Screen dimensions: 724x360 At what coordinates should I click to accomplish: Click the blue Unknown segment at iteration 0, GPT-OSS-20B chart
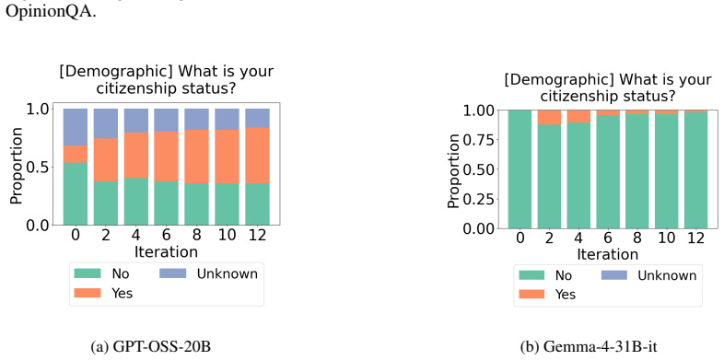(76, 127)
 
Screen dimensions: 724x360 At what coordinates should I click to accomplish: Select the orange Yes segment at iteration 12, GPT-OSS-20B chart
(257, 156)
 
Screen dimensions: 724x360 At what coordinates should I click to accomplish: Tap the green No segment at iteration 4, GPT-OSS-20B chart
(135, 202)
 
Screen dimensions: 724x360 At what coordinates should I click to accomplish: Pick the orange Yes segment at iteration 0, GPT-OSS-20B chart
(76, 154)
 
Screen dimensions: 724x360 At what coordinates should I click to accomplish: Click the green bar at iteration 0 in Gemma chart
(520, 169)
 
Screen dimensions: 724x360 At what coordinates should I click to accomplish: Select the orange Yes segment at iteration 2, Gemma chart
(549, 117)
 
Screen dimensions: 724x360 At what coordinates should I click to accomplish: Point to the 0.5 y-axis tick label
(38, 167)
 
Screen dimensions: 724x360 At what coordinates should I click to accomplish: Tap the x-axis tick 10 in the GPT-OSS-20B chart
(227, 235)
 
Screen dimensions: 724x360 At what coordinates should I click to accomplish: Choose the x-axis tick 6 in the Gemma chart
(608, 238)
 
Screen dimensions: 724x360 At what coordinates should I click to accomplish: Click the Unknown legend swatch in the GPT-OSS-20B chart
(172, 273)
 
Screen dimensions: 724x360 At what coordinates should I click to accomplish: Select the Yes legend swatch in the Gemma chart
(531, 294)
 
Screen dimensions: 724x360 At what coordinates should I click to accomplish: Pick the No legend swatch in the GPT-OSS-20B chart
(88, 273)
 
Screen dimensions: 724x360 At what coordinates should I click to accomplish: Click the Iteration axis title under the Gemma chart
(608, 254)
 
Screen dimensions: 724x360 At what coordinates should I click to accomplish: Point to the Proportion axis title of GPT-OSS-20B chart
(17, 166)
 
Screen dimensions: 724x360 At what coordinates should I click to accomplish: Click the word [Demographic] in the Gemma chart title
(559, 80)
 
